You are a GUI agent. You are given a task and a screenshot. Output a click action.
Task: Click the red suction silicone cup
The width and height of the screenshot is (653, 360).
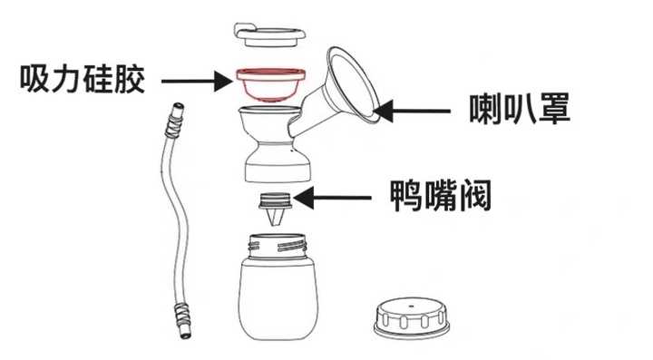coord(271,87)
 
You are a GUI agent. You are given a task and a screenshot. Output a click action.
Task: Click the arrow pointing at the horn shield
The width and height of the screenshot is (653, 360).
coord(412,112)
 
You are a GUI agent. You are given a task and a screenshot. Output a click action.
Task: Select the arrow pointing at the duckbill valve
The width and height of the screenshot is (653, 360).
coord(337,195)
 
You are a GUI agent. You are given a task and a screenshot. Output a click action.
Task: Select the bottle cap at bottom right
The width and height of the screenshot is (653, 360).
coord(413,316)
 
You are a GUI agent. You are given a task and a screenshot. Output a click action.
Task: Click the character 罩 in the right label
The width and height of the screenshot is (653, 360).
coord(553,111)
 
